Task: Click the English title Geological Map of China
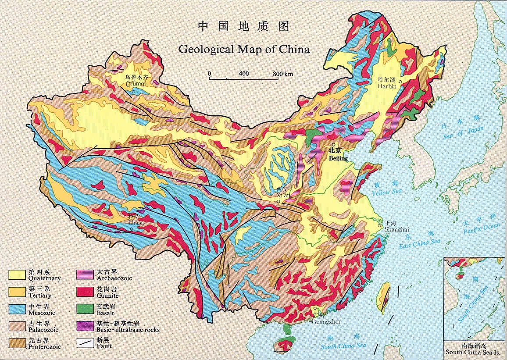244,49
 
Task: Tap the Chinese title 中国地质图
244,26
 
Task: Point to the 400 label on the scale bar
244,73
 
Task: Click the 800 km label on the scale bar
283,73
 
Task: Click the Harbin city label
387,86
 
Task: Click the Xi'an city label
283,195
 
